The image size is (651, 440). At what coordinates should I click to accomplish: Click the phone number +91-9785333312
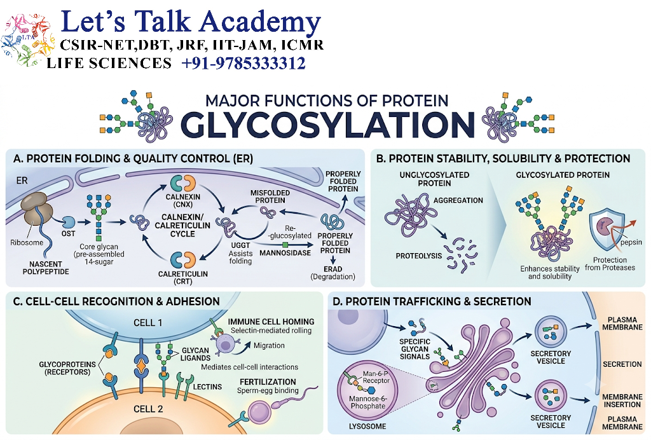pos(243,64)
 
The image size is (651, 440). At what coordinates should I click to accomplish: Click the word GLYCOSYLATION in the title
pos(327,124)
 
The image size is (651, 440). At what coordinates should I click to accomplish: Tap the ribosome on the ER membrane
pos(36,209)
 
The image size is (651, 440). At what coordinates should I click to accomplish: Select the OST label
pos(69,234)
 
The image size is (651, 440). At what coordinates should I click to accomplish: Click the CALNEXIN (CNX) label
pos(182,200)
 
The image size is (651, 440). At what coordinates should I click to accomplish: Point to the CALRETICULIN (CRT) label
pos(182,278)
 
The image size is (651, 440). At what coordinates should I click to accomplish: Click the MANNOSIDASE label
pos(285,253)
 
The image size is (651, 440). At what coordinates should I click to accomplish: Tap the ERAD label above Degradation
pos(333,269)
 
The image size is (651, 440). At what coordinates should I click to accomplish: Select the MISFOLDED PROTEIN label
pos(270,196)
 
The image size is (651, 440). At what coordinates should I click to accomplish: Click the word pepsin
pos(631,242)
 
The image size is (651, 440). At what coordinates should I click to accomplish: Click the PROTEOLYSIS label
pos(418,256)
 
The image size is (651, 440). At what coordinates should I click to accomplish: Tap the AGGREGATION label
pos(458,200)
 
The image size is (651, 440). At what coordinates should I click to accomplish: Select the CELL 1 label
pos(147,322)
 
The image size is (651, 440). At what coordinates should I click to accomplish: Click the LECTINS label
pos(207,387)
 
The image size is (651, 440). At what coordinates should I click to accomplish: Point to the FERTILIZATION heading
pos(268,382)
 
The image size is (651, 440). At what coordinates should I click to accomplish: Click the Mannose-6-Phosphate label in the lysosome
pos(368,402)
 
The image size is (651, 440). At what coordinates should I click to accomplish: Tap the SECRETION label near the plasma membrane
pos(622,364)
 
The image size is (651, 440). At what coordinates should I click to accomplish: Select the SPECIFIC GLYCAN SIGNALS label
pos(415,349)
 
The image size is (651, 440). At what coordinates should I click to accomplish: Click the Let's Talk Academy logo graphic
pos(27,40)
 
